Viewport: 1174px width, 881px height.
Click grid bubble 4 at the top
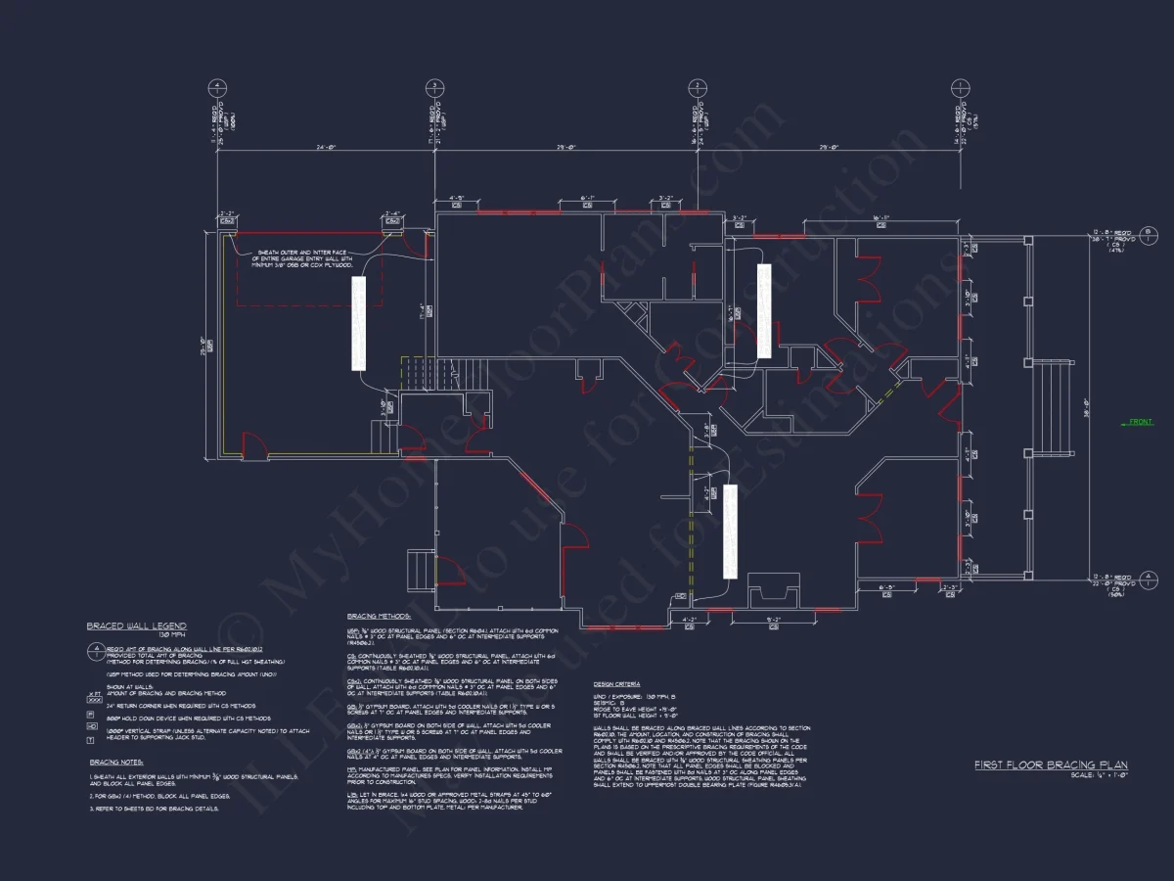pos(215,86)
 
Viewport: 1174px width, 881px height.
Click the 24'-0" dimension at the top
pos(326,148)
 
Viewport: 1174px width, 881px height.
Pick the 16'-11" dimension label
pos(880,218)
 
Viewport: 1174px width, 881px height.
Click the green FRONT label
pos(1141,422)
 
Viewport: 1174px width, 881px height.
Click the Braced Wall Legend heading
pos(136,626)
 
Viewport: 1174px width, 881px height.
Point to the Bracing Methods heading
pos(379,616)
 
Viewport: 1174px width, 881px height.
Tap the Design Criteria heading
pos(617,683)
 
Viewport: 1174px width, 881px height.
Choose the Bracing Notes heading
pos(116,762)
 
